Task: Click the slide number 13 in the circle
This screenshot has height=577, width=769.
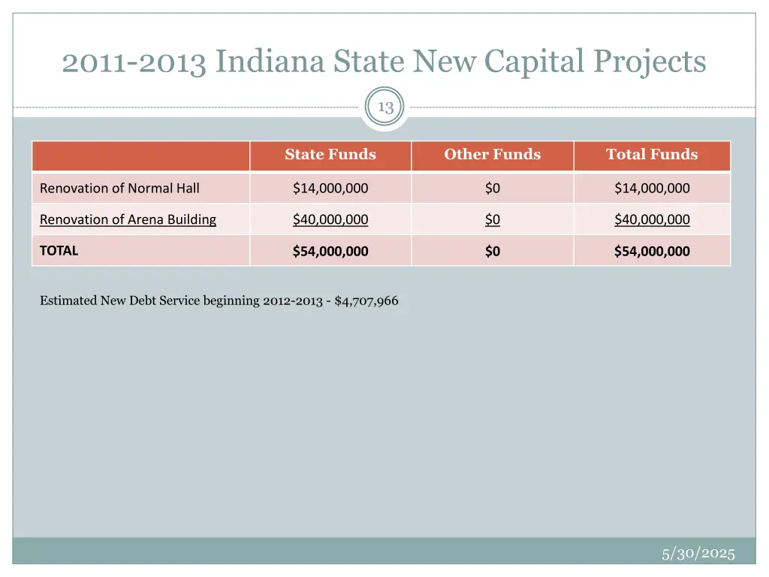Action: coord(385,107)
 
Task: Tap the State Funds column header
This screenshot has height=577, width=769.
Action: coord(330,155)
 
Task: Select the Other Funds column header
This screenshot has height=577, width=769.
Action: coord(492,155)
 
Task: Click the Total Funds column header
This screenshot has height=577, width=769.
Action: coord(652,155)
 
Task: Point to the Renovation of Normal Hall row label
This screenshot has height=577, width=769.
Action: coord(119,188)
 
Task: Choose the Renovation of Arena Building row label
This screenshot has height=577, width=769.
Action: coord(128,219)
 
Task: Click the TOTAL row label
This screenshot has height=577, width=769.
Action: coord(59,250)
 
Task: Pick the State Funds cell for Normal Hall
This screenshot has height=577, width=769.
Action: coord(330,188)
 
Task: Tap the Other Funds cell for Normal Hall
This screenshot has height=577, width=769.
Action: coord(492,188)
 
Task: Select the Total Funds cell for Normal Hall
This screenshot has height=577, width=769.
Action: coord(652,188)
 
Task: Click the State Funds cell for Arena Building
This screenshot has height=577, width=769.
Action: coord(330,219)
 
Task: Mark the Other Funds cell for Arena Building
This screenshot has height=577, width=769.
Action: coord(492,219)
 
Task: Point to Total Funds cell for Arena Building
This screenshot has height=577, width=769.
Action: coord(652,219)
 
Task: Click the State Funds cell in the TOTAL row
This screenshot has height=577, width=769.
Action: coord(330,251)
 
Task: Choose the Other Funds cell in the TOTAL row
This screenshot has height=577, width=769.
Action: coord(492,251)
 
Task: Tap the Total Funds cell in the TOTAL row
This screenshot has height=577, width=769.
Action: coord(652,251)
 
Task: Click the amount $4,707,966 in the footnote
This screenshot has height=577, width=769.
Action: coord(366,301)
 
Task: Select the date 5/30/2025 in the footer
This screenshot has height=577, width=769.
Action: coord(698,554)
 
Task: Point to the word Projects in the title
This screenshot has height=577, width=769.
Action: coord(657,62)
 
